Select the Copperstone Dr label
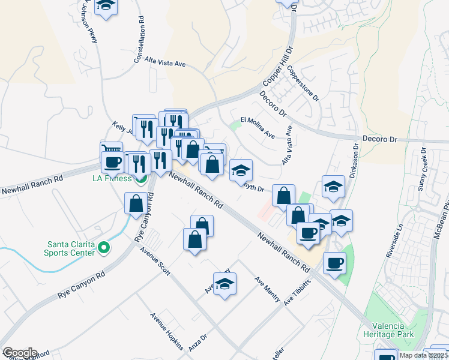click(x=303, y=83)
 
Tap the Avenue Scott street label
click(x=156, y=263)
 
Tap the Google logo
click(x=19, y=353)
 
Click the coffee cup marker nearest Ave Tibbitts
click(x=334, y=263)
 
